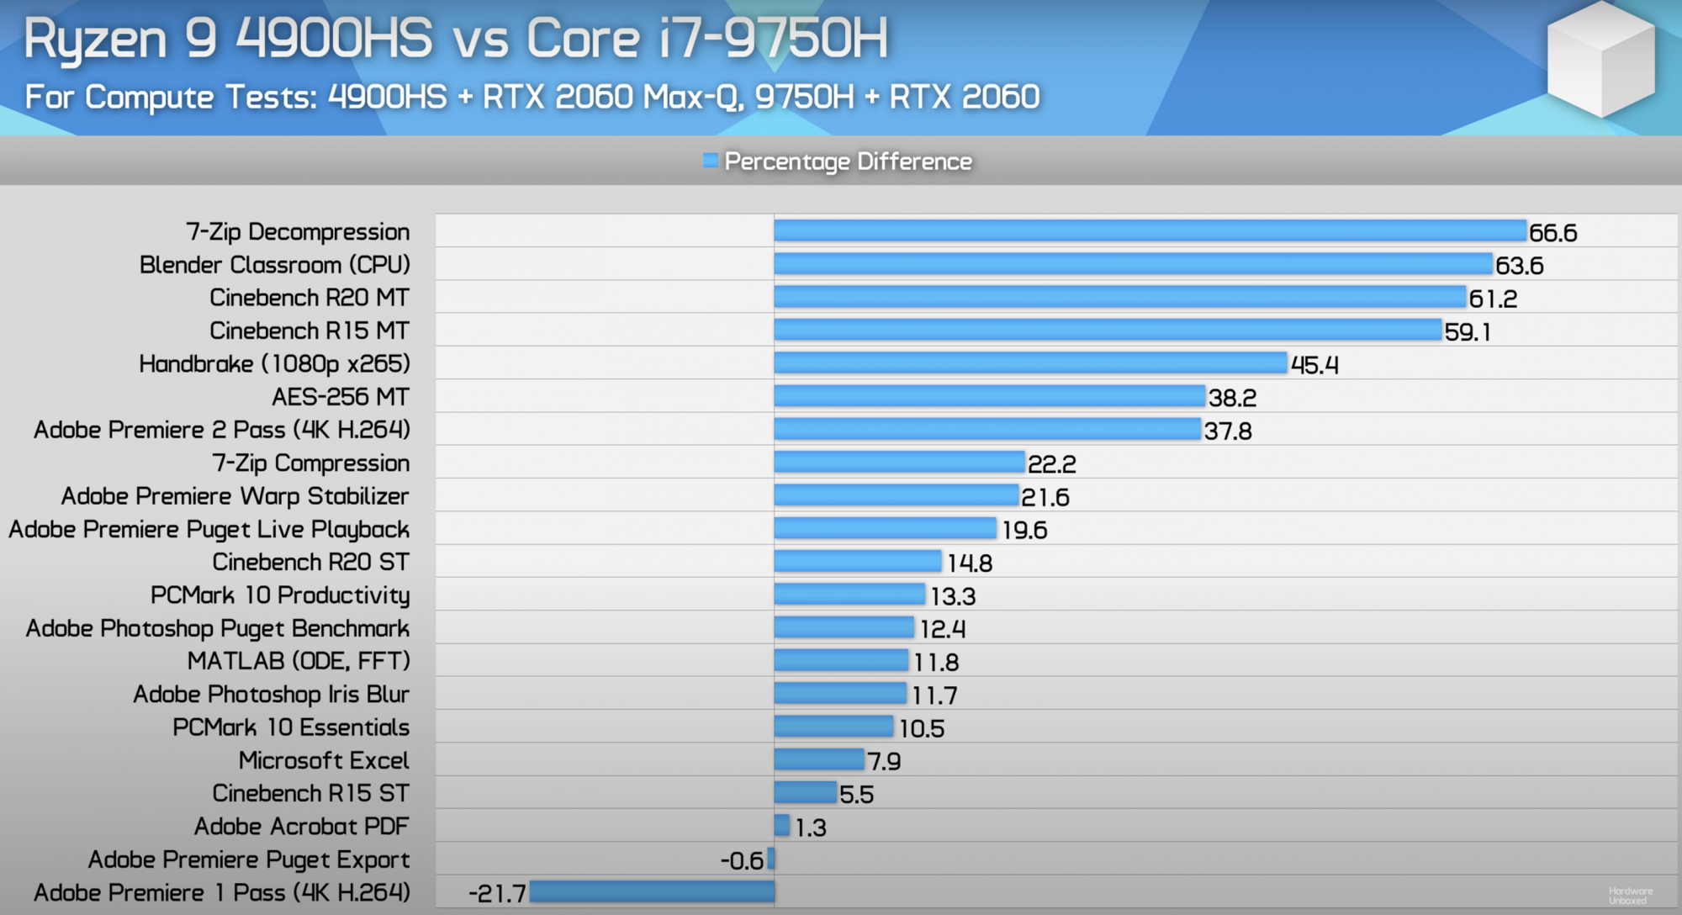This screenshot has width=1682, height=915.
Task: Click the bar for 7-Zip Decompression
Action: (1150, 231)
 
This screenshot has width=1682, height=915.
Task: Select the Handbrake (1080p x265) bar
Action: (1030, 363)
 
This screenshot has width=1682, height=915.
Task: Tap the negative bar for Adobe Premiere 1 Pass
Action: (652, 892)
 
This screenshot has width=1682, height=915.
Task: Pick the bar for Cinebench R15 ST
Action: (805, 793)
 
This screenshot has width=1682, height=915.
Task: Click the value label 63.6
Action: (1519, 266)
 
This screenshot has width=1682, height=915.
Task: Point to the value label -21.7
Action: (497, 893)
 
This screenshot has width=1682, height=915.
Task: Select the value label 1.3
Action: (811, 828)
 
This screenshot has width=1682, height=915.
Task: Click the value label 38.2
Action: (1232, 398)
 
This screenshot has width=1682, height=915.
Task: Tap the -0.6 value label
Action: (742, 860)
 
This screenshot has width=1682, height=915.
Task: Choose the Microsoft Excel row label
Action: (324, 760)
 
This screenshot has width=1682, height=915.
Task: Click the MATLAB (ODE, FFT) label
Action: (299, 661)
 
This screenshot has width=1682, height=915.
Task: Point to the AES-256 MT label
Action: (340, 397)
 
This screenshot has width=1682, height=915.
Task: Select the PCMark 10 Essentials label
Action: (291, 727)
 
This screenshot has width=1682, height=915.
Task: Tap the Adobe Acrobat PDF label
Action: (301, 827)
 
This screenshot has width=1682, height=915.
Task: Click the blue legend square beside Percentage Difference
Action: (711, 161)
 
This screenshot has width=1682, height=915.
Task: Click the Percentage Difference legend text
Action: (848, 161)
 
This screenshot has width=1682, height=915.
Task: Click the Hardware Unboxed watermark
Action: (1630, 896)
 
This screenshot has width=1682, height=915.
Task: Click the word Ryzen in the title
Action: (96, 40)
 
